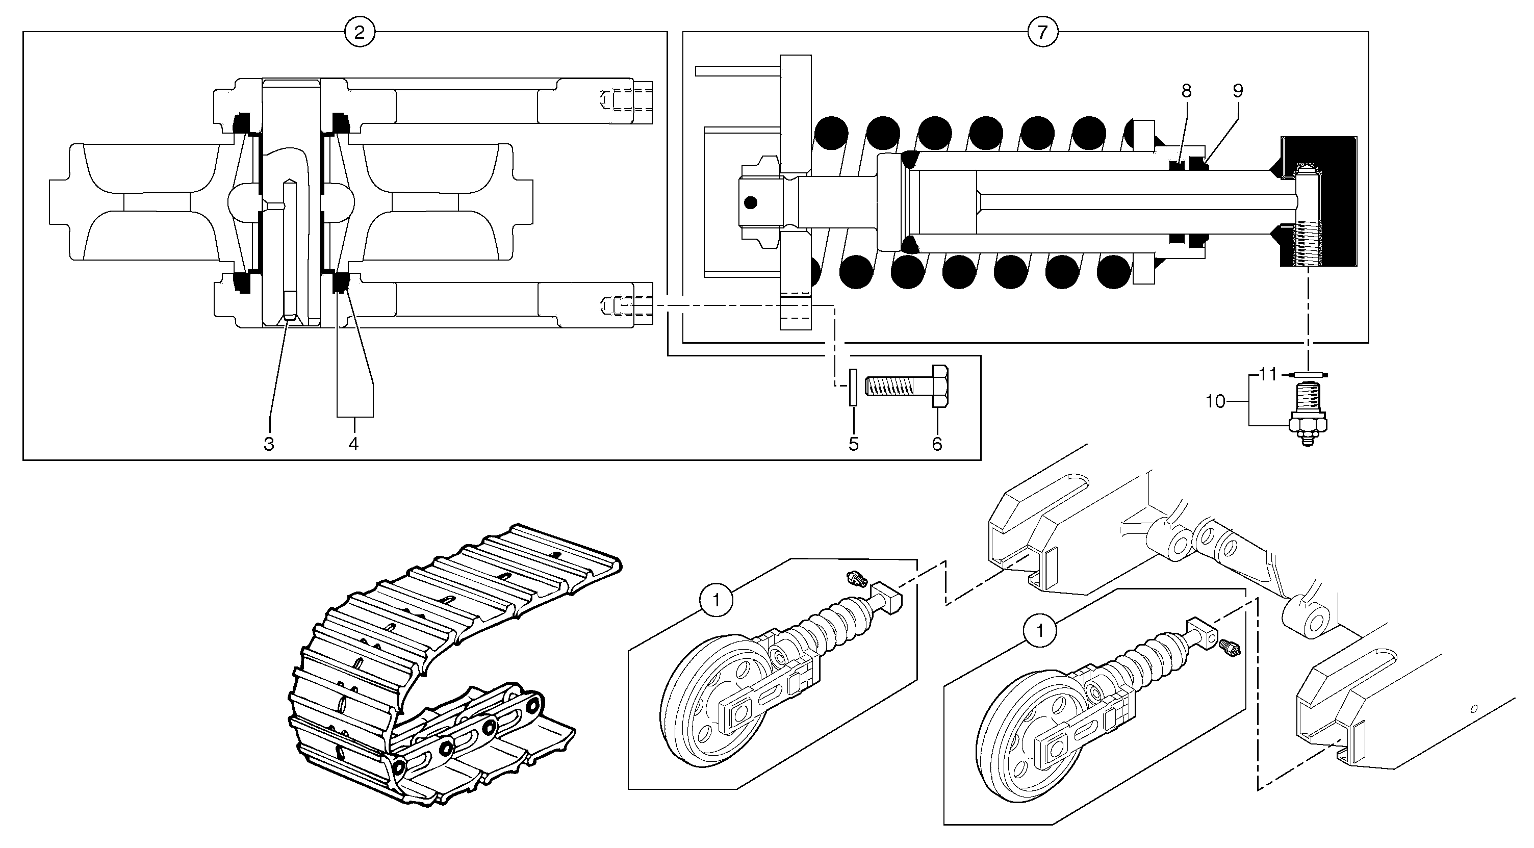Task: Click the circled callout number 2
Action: [359, 32]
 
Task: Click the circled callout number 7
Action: [1042, 32]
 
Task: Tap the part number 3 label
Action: [269, 444]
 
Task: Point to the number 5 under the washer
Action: [853, 444]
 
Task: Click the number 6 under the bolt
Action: [937, 444]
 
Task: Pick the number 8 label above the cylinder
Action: [1186, 91]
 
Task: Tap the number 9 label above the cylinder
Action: [1238, 91]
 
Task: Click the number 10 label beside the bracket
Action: [1215, 402]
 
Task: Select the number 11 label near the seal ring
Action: [1268, 375]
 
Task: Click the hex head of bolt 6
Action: [940, 387]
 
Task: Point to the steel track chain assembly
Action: [441, 667]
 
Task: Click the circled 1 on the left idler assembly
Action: [716, 600]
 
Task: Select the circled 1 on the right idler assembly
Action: [1040, 631]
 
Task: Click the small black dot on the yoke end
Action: [751, 203]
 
